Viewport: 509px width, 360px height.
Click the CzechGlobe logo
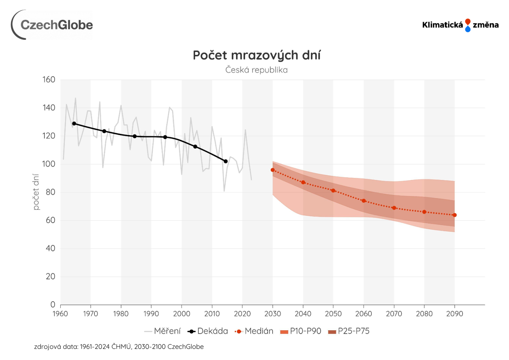[x=52, y=25]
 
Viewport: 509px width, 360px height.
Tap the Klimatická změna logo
[x=460, y=25]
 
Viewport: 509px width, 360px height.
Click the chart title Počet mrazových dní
[x=257, y=55]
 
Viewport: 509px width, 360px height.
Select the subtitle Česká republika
[x=256, y=70]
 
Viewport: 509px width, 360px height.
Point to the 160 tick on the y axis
[x=49, y=80]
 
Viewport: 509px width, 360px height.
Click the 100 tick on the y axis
[x=49, y=164]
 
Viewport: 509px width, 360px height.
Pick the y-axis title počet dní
[x=36, y=192]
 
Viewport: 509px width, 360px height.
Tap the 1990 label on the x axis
[x=151, y=314]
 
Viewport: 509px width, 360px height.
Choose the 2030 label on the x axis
[x=272, y=314]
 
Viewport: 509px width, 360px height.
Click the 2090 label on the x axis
[x=454, y=314]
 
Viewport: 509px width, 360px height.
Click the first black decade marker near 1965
[x=74, y=124]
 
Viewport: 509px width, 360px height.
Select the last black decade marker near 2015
[x=226, y=161]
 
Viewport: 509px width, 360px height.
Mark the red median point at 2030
[x=273, y=170]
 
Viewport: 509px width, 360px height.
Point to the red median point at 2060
[x=364, y=201]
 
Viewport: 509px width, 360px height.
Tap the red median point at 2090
[x=455, y=215]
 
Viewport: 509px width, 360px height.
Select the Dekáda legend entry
[x=208, y=331]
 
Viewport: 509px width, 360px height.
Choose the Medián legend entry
[x=254, y=331]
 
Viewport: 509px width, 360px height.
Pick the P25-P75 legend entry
[x=349, y=331]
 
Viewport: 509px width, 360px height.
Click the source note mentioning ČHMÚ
[x=119, y=347]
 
